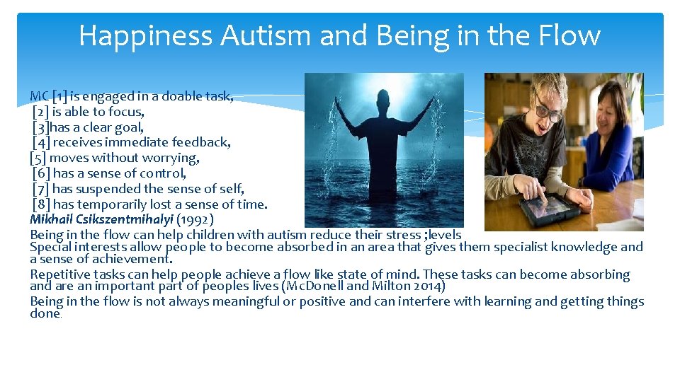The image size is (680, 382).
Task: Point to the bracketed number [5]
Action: point(38,158)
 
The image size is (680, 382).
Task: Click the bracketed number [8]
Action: point(41,204)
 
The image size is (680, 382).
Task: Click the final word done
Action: point(45,314)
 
